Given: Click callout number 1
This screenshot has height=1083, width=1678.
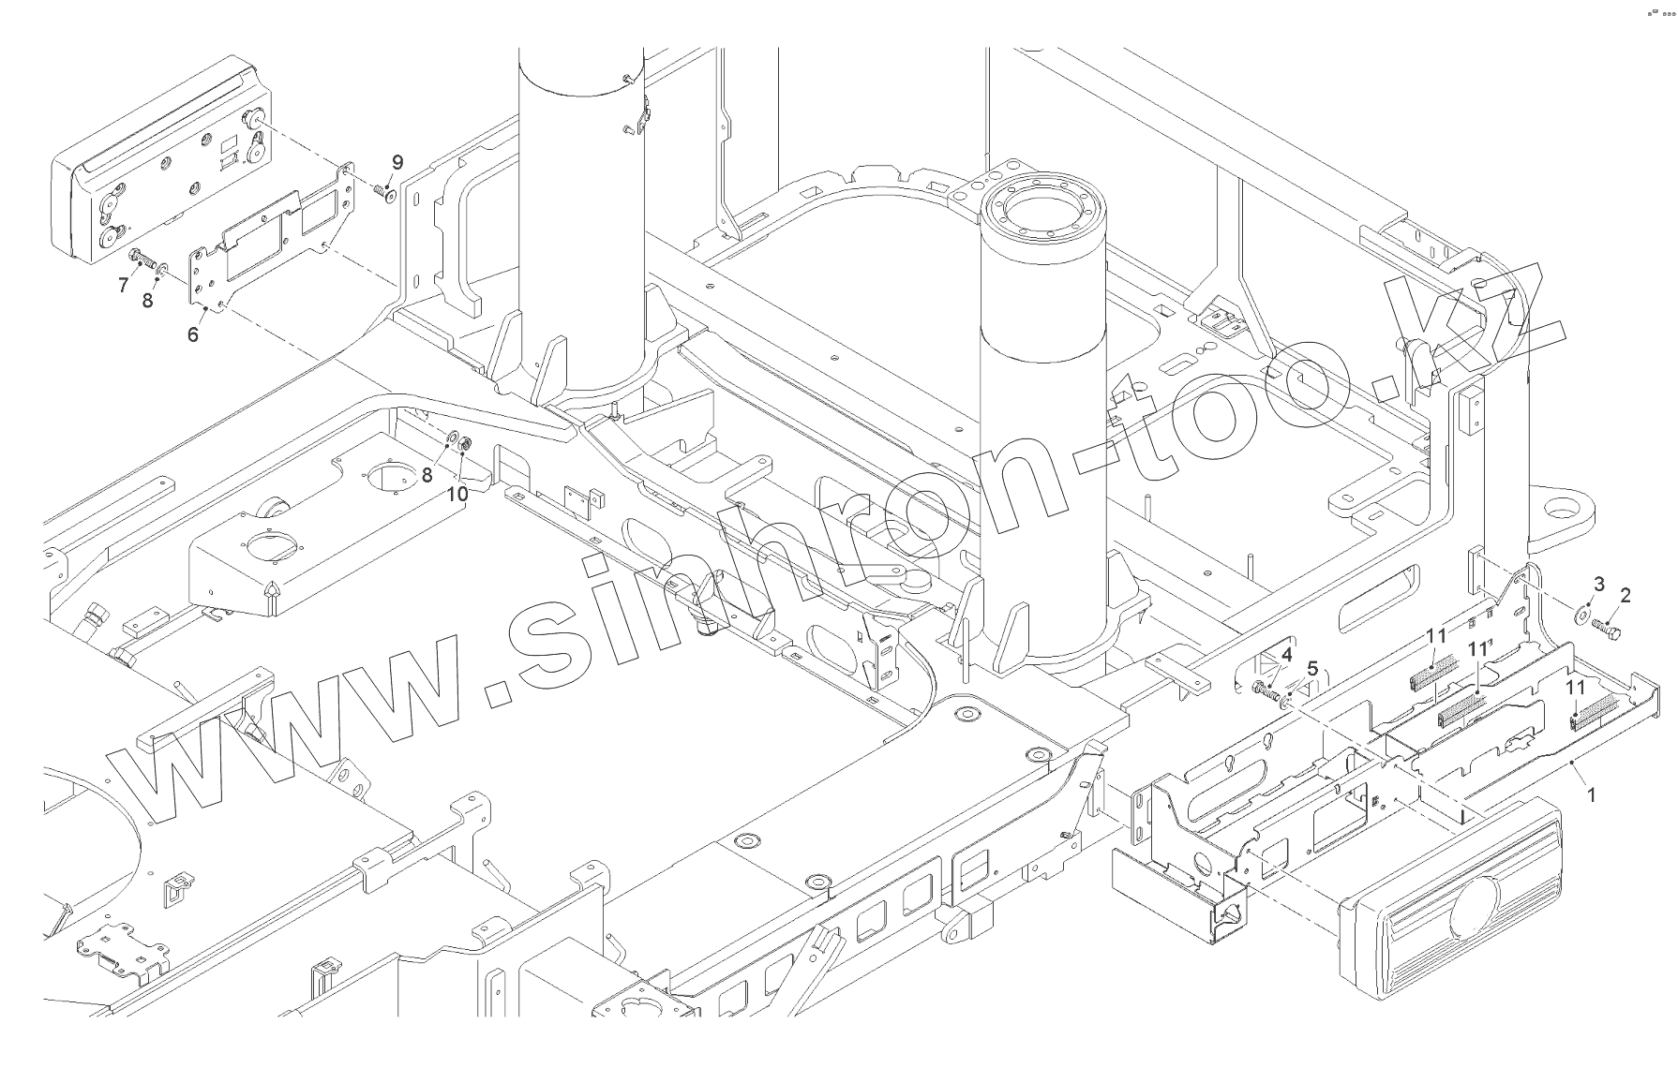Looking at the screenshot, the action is coord(1590,794).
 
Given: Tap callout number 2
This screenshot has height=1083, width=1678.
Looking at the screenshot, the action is coord(1625,595).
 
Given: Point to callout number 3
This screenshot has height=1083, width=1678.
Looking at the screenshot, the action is coord(1599,586).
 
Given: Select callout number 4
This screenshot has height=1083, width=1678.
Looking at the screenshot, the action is coord(1287,653).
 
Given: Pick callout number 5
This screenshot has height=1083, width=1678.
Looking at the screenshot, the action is coord(1311,668).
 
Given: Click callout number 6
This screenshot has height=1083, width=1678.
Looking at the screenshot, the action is coord(193,334).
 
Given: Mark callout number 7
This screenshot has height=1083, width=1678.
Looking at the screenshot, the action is coord(123,285).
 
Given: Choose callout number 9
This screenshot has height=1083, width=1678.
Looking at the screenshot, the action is coord(397,162).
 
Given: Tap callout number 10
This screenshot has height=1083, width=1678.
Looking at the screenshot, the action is coord(457,493).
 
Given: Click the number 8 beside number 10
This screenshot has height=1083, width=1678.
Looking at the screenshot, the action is coord(427,475).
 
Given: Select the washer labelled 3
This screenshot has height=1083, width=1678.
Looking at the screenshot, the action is coord(1581,614).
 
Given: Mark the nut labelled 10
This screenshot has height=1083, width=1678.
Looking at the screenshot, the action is coord(465,442).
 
